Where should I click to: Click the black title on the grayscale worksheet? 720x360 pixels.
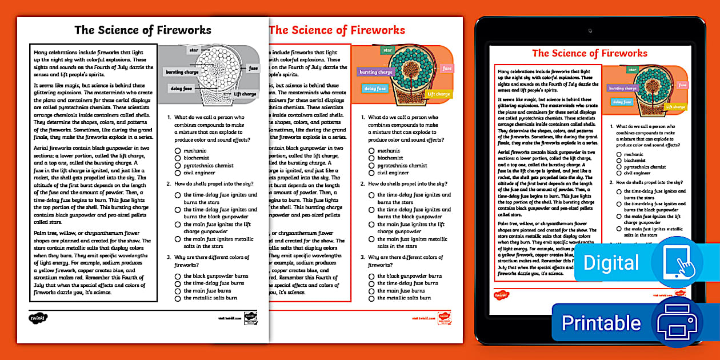(143, 30)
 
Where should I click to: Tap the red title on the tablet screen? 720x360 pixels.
(590, 53)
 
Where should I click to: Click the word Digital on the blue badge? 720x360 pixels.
(611, 263)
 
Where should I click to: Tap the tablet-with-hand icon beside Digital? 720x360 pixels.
(677, 262)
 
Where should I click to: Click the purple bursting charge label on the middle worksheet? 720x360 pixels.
(376, 72)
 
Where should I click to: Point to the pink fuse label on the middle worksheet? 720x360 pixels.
(447, 69)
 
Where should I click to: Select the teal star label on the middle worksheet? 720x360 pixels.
(387, 50)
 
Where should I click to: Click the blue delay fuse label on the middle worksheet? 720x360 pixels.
(375, 89)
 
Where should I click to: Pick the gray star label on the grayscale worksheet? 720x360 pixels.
(193, 50)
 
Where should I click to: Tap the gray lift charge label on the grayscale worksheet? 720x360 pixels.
(245, 94)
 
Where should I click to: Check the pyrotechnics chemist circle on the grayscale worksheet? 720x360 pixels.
(178, 166)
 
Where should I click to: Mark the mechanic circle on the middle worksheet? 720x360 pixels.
(371, 151)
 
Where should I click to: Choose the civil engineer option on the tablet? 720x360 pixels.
(619, 173)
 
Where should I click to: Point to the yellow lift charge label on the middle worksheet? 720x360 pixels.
(439, 94)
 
